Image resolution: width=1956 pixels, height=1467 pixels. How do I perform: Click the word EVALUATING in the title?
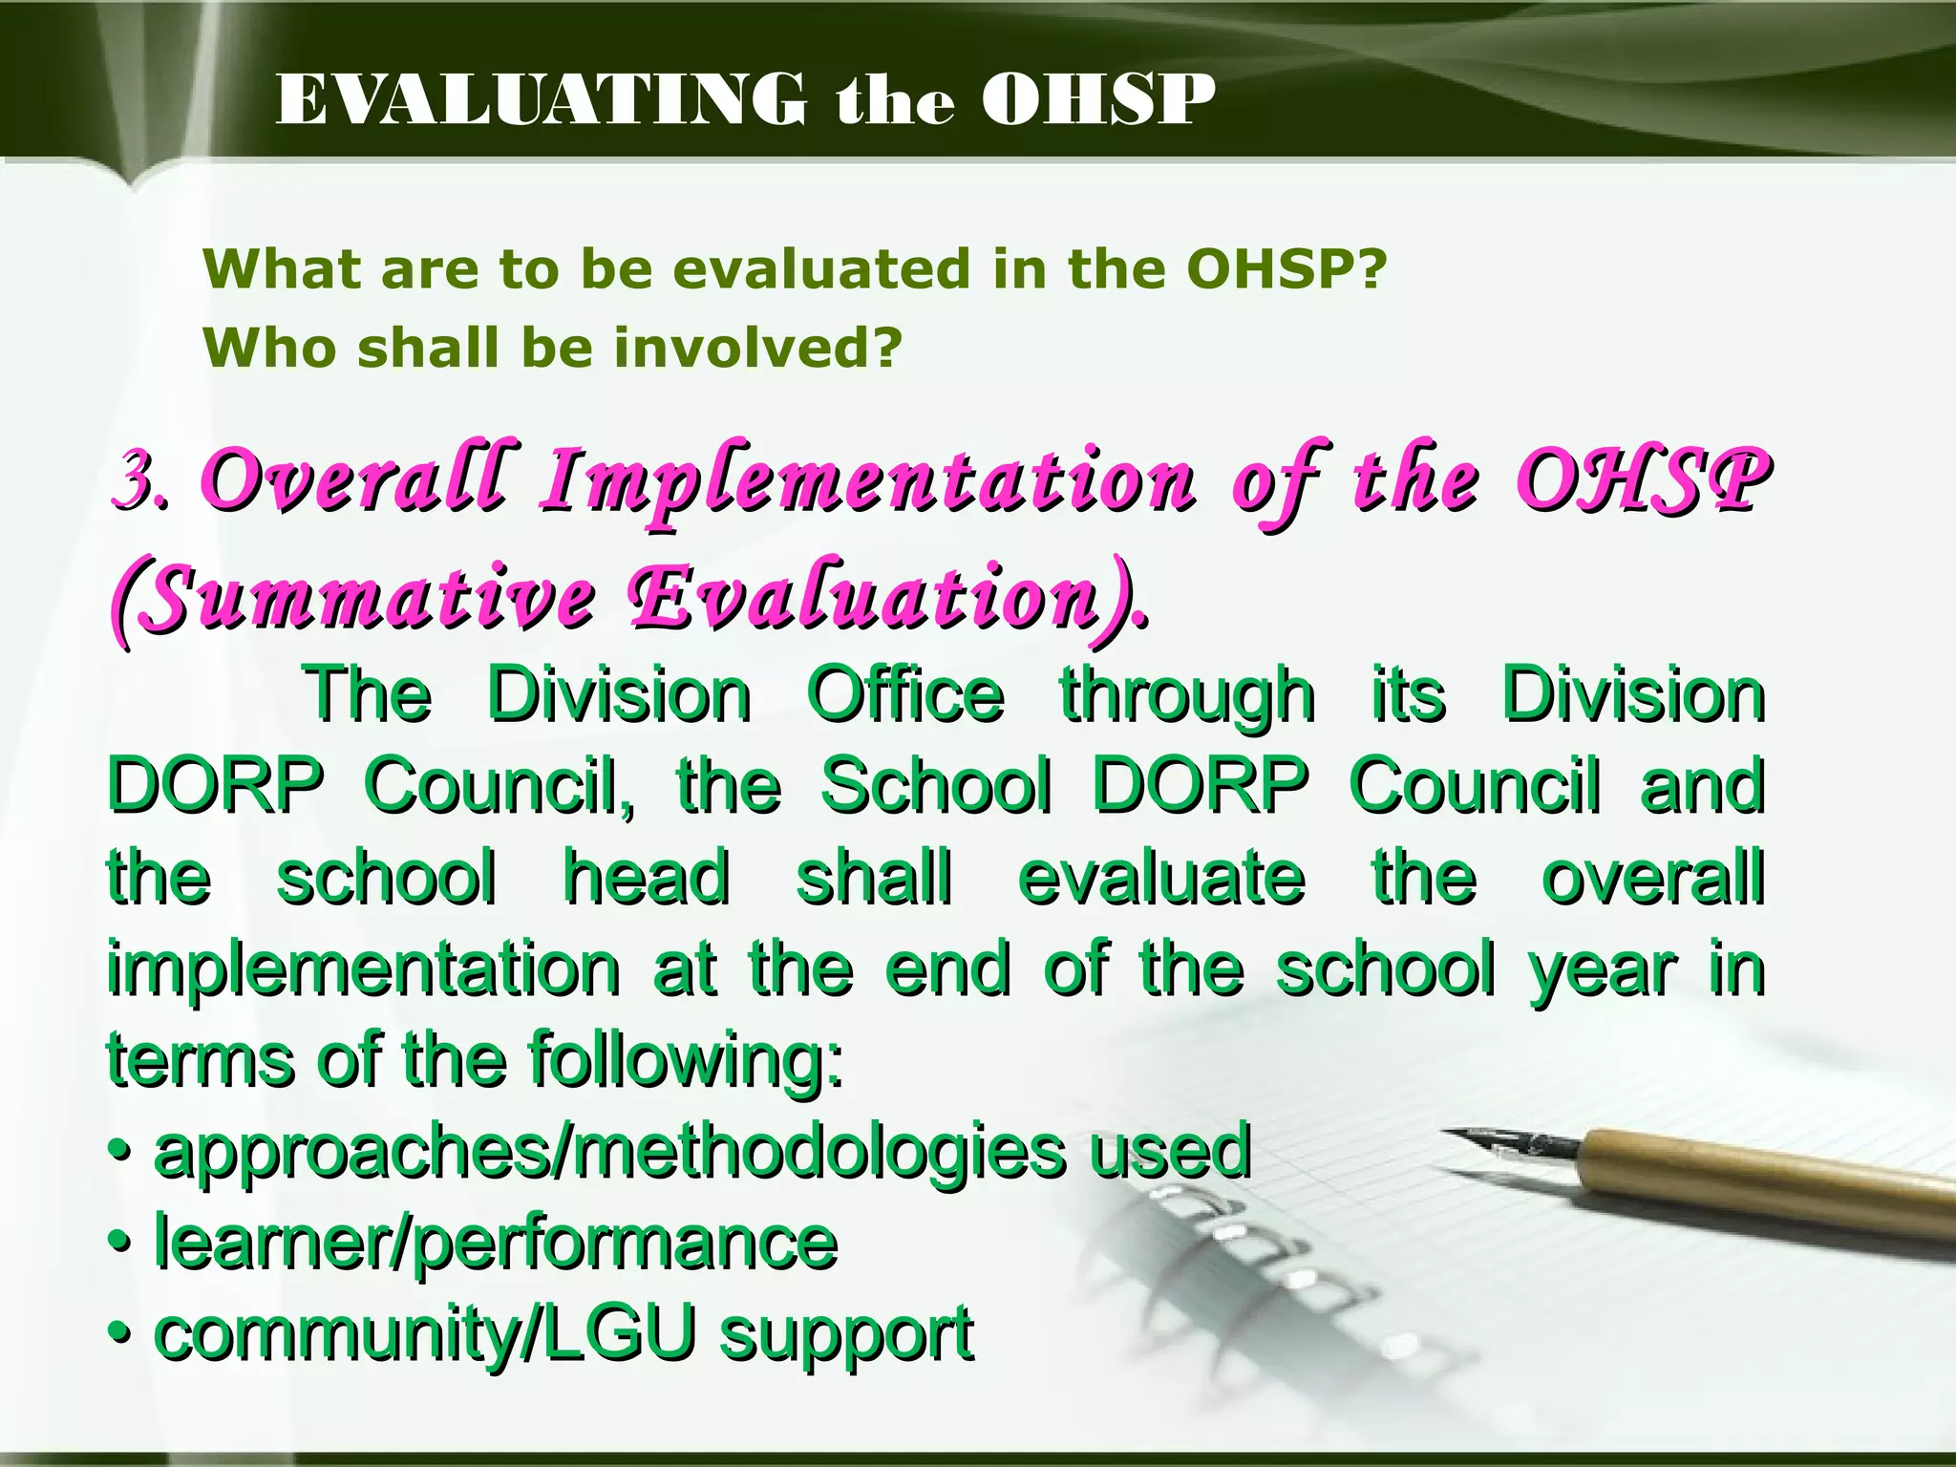tap(540, 100)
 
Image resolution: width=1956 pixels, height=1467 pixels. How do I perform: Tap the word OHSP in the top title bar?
tap(1098, 100)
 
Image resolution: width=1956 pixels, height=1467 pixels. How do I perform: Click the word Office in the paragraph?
tap(905, 695)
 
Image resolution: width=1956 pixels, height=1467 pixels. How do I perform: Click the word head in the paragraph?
tap(647, 878)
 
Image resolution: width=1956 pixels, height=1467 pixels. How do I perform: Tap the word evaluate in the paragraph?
tap(1161, 878)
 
